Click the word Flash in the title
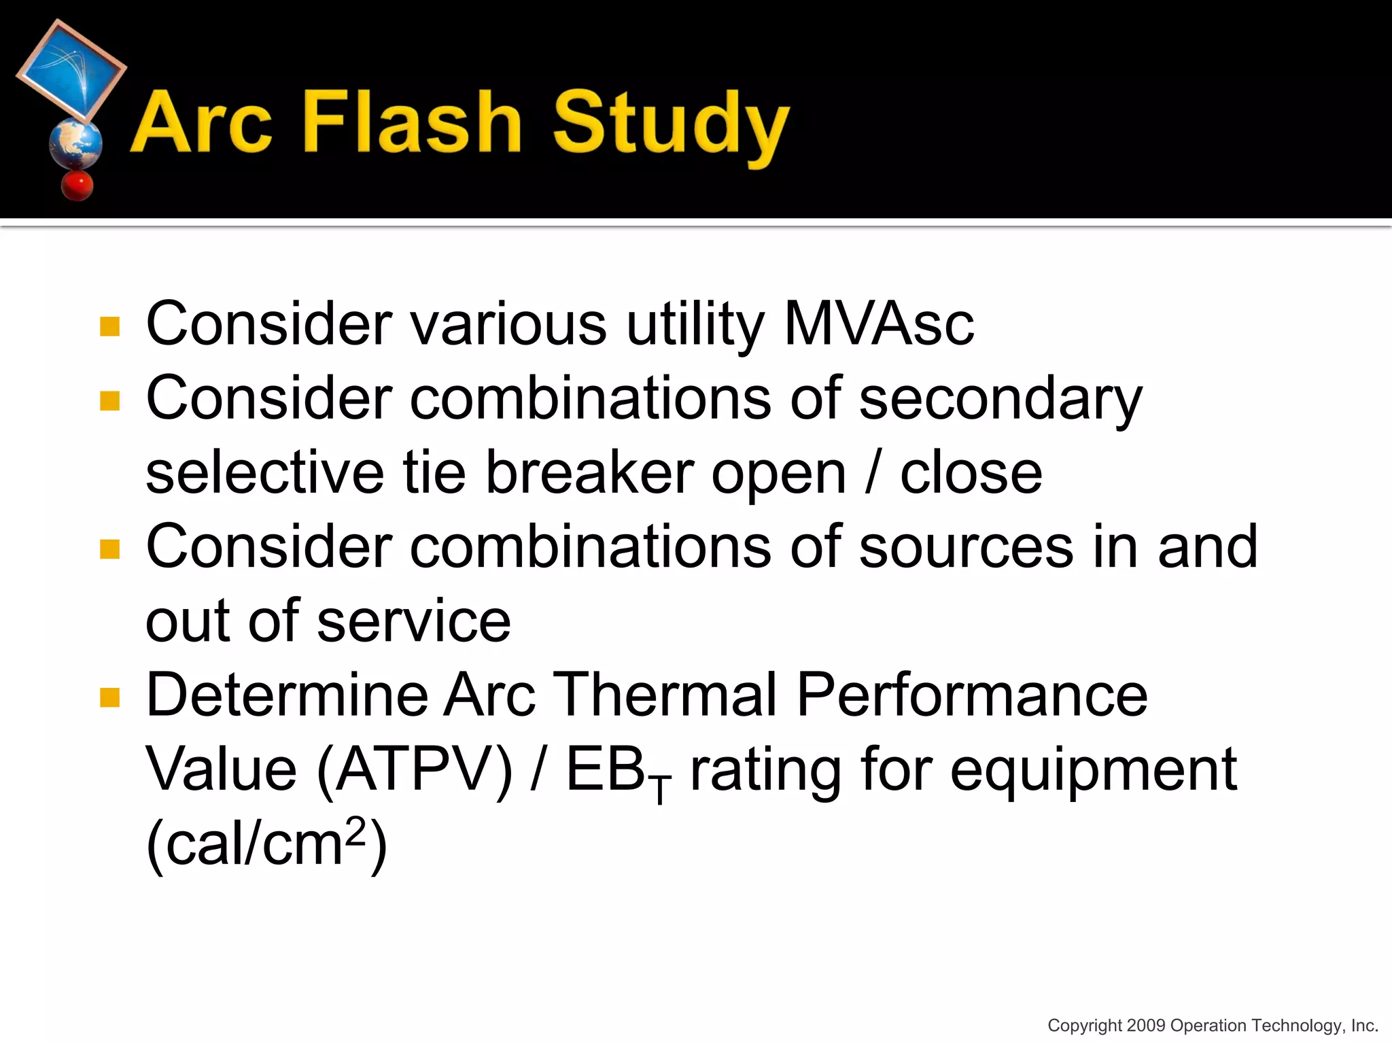(411, 122)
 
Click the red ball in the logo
(77, 185)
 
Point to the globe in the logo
(75, 143)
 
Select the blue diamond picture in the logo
(71, 70)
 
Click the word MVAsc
(879, 324)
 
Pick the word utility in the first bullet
(695, 324)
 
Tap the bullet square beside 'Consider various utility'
(109, 327)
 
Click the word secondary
(1000, 399)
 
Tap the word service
(413, 621)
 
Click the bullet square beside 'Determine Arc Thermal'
(109, 697)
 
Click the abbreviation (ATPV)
(415, 771)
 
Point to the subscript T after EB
(659, 790)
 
